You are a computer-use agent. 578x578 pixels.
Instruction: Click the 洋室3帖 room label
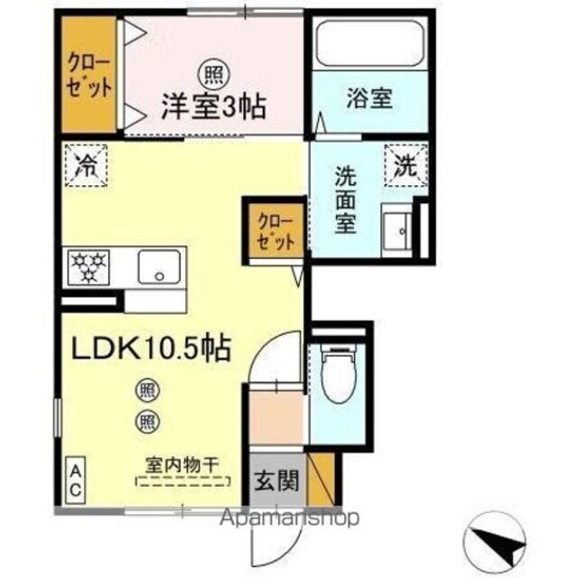tap(213, 107)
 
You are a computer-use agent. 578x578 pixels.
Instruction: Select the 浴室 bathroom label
tap(370, 98)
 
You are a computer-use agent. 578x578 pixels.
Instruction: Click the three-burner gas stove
tap(89, 265)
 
